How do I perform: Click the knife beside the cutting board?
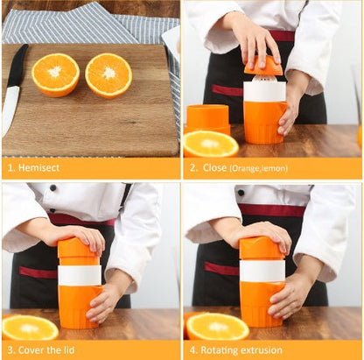click(x=15, y=88)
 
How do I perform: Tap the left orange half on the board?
click(x=55, y=74)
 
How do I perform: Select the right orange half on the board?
click(x=108, y=74)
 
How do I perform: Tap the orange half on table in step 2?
click(x=210, y=145)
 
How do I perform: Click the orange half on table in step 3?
click(x=30, y=328)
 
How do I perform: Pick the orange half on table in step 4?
click(x=218, y=326)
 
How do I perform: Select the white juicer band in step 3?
click(x=80, y=275)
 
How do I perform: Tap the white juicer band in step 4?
click(x=262, y=271)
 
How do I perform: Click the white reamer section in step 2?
click(x=264, y=90)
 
